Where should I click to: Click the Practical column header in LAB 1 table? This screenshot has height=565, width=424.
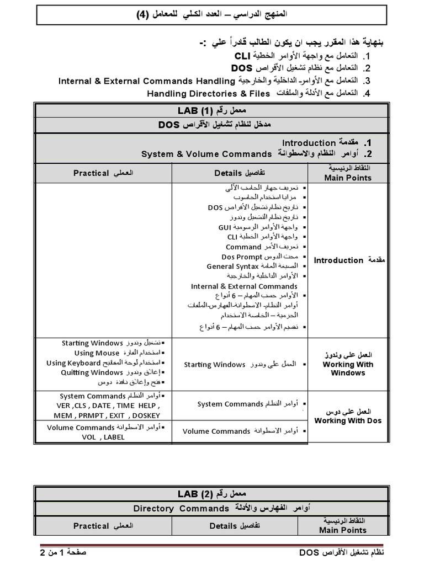click(x=91, y=173)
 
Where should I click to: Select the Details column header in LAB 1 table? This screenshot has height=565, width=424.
click(x=228, y=173)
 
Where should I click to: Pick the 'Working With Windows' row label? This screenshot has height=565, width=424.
click(x=348, y=369)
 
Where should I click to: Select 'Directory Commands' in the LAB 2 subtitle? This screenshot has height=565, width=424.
click(x=181, y=508)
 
